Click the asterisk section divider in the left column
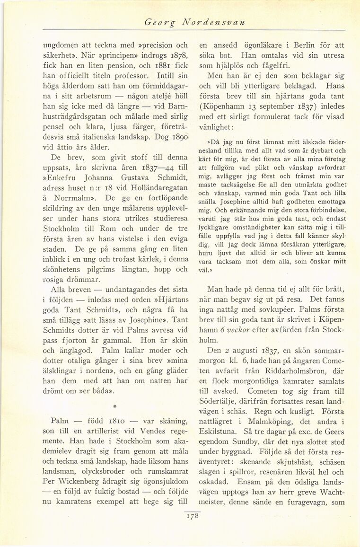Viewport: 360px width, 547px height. [115, 406]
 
